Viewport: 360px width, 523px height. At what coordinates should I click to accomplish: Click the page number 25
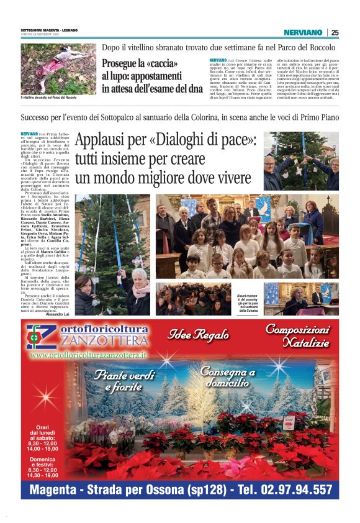[x=335, y=32]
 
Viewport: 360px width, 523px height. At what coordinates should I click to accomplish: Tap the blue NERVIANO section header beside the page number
[x=303, y=32]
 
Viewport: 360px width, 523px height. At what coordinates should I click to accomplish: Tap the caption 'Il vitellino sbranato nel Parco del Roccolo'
[x=49, y=98]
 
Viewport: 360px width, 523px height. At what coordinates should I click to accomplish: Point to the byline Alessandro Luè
[x=56, y=314]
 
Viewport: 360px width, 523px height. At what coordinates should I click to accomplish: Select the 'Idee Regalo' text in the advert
[x=198, y=335]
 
